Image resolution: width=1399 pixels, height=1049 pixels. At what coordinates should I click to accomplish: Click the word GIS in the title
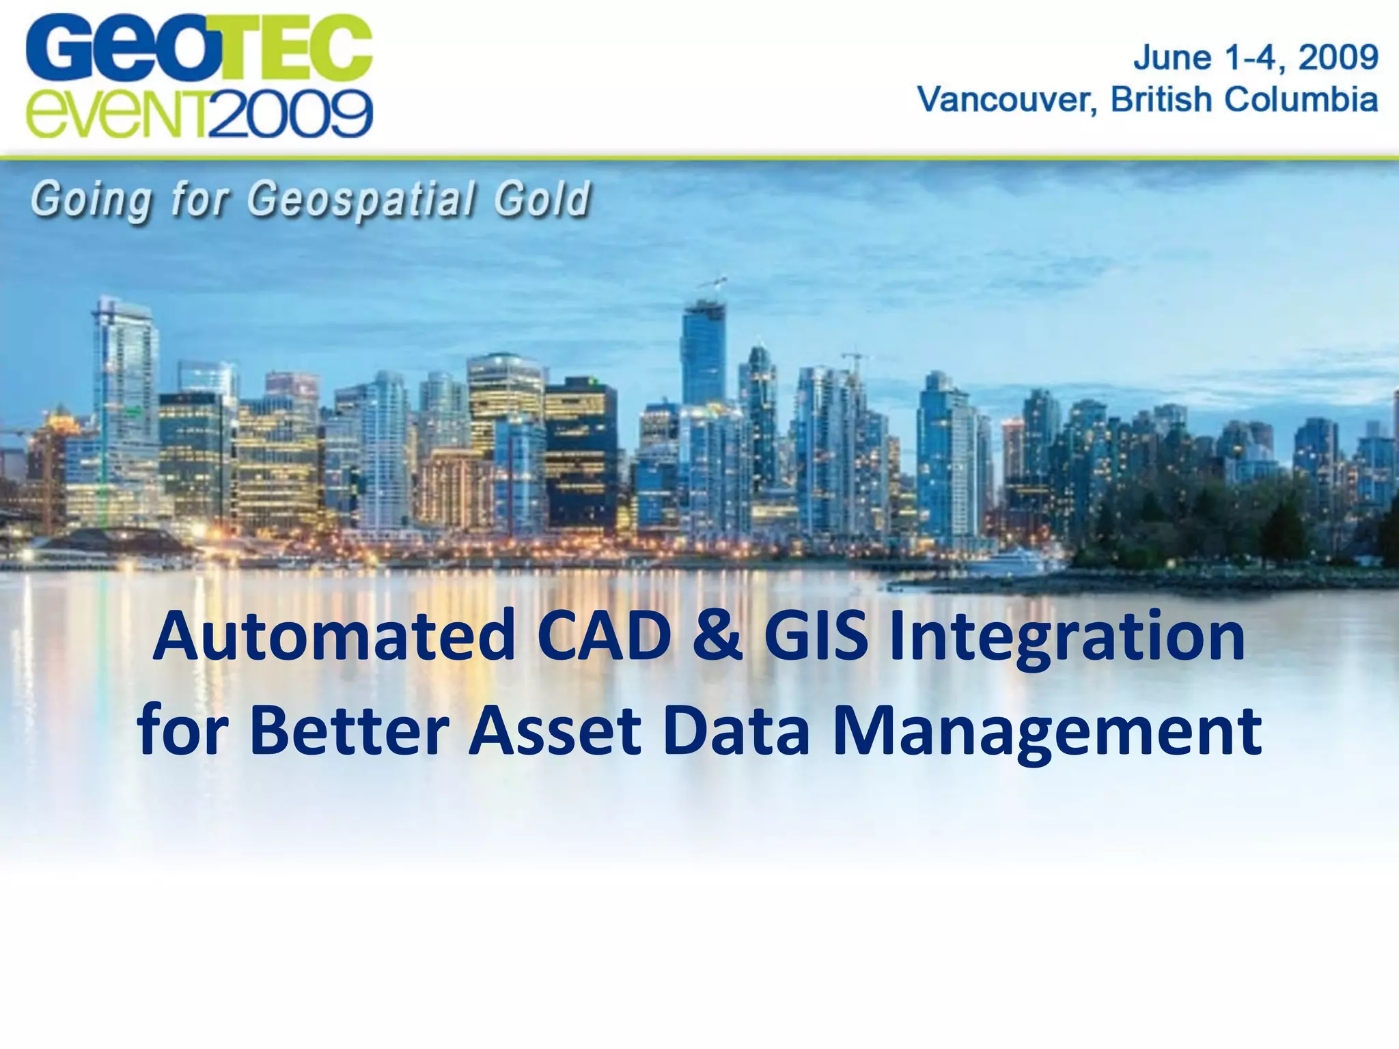point(816,637)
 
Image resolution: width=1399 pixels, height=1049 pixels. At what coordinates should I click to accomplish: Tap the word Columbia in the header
point(1301,100)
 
